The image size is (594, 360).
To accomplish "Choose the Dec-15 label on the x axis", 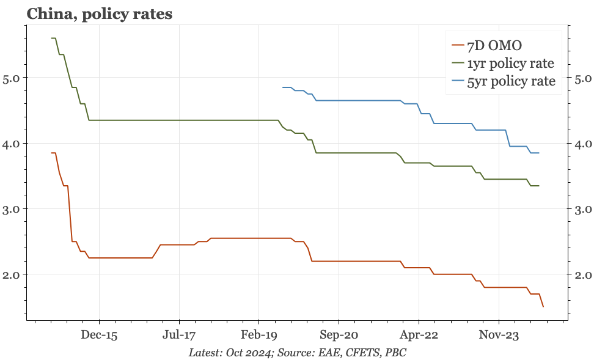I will (x=99, y=336).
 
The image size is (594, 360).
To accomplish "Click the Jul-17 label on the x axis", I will (x=180, y=336).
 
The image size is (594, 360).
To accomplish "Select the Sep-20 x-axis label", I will (x=339, y=336).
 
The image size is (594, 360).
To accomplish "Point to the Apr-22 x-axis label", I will (x=419, y=336).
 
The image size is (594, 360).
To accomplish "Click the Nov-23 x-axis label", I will (x=499, y=336).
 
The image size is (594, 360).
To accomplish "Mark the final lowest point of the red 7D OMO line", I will (x=543, y=306).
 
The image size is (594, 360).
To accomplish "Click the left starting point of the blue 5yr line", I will (x=283, y=87).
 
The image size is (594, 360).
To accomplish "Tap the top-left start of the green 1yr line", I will (x=51, y=38).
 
